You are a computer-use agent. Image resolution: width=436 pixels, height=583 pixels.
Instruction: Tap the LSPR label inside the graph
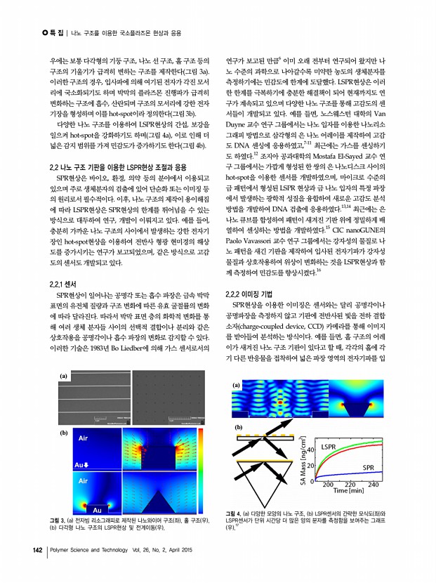[332, 447]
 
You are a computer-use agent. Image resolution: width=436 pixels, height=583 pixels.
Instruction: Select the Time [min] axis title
[352, 494]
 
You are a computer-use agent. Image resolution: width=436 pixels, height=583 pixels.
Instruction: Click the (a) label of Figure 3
[63, 376]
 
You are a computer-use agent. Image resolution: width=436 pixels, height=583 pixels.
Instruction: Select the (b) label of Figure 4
[238, 427]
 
